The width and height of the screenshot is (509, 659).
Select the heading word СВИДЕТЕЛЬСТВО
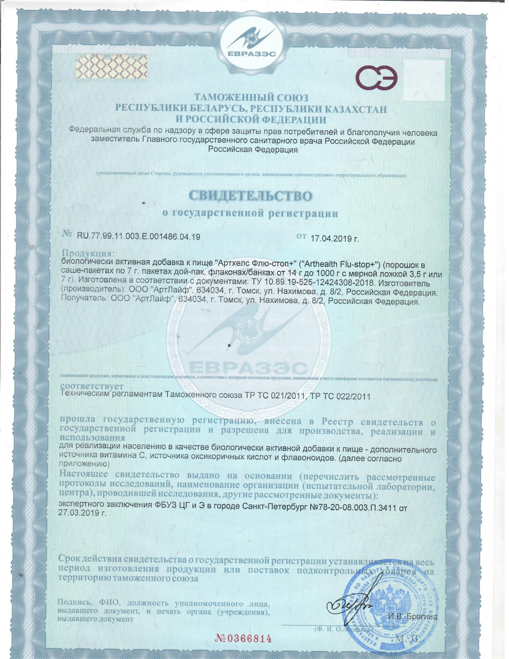[250, 196]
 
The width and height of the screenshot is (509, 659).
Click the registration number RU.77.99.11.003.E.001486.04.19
[139, 237]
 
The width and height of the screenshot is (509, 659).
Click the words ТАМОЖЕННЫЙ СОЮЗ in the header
[251, 97]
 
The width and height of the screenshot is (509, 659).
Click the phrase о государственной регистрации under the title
[250, 213]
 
